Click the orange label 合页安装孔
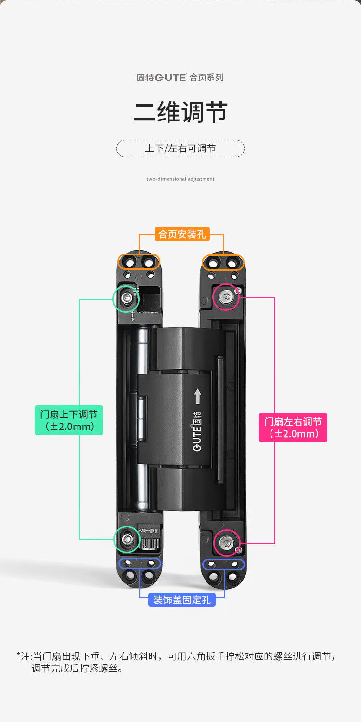coord(182,234)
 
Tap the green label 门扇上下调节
coord(69,420)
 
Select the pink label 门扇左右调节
coord(293,428)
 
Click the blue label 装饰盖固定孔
coord(182,600)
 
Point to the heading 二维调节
coord(180,112)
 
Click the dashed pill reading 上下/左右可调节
coord(180,148)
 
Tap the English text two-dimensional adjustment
coord(180,179)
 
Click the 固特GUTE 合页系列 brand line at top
coord(180,77)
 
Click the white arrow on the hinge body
coord(198,397)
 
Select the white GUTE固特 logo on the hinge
coord(197,431)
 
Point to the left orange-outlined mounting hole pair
coord(139,262)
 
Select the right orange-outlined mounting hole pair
coord(223,262)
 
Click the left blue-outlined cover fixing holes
coord(140,563)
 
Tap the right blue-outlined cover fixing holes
coord(223,564)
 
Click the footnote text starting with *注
coord(177,662)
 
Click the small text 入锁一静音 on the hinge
coord(148,531)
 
